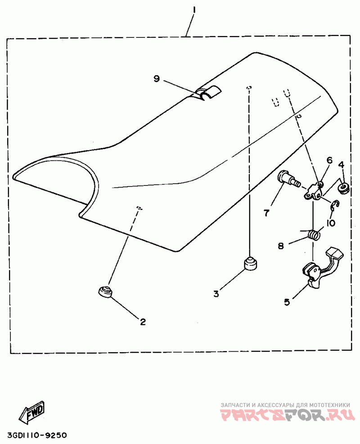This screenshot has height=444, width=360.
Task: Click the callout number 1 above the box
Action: (193, 9)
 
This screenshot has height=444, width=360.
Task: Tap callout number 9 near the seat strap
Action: (157, 79)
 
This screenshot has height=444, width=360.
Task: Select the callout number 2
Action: (143, 322)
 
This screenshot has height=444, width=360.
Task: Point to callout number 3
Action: (216, 294)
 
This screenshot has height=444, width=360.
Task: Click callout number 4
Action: (341, 165)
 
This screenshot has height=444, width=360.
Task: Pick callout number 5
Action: (287, 303)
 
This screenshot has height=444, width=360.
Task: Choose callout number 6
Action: (329, 160)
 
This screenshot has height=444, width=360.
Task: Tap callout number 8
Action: (280, 246)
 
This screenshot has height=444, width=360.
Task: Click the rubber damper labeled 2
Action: (105, 291)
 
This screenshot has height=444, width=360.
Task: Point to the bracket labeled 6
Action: (315, 191)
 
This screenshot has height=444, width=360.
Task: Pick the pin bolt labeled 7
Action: (288, 178)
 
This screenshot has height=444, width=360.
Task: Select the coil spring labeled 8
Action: (313, 235)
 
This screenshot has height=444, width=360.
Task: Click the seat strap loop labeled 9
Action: (208, 93)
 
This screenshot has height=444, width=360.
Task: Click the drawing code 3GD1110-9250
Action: (37, 435)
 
